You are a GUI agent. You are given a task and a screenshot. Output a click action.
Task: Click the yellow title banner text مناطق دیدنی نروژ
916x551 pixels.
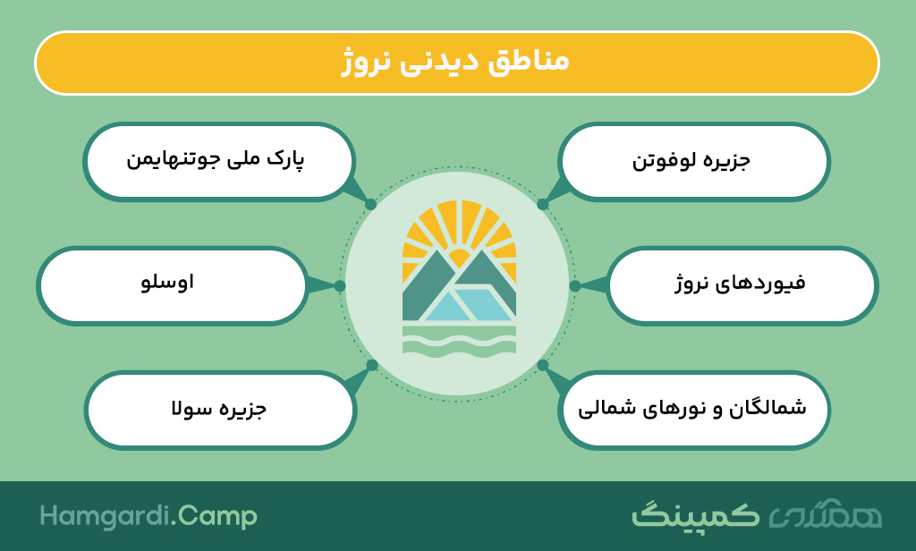455,62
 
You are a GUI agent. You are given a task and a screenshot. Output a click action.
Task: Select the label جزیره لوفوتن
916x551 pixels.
691,161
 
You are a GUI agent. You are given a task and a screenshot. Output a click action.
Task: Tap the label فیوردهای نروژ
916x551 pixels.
740,284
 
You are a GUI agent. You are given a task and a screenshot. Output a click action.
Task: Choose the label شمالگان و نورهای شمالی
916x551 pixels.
692,407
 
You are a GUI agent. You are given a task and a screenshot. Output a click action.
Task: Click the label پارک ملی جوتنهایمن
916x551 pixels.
216,159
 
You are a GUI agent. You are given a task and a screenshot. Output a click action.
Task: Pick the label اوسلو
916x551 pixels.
167,283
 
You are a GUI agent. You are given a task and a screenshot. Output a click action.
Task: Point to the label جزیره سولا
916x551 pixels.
219,407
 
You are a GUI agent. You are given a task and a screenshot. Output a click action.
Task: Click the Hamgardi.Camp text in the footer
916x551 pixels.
148,516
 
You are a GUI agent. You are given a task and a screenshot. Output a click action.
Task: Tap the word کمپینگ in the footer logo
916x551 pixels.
695,516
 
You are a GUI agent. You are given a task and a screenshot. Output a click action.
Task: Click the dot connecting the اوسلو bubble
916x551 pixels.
340,285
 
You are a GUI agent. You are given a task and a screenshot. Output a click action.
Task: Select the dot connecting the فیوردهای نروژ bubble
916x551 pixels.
575,285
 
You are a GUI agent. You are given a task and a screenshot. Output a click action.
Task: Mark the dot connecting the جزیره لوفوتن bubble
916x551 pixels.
543,205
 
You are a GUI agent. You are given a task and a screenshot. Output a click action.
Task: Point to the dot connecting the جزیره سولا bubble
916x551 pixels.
372,365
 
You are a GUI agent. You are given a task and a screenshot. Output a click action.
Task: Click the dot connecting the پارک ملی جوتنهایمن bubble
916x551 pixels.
371,205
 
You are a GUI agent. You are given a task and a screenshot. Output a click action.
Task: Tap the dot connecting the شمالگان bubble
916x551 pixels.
543,365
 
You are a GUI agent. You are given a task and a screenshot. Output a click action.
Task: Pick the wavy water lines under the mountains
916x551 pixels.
459,340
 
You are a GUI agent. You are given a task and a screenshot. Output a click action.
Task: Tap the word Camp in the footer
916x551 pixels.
216,517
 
